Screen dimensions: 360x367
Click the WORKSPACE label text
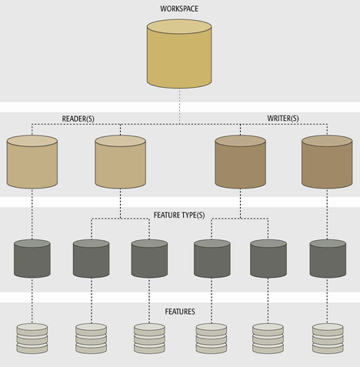[x=179, y=8]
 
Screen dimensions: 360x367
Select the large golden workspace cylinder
[x=179, y=54]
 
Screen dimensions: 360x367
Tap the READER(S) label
[x=78, y=118]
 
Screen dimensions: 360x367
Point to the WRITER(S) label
[x=283, y=118]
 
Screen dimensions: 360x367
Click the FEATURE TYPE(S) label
[x=179, y=215]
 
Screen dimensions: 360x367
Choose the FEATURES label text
[x=180, y=312]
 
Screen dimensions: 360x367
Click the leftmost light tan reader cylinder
[x=32, y=162]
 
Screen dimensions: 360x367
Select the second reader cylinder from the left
[x=120, y=162]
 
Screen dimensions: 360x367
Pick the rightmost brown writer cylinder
[x=327, y=162]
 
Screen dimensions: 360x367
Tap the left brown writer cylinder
[x=240, y=162]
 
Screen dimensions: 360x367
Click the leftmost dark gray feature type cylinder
[x=32, y=259]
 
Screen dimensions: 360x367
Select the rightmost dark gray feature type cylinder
[x=328, y=259]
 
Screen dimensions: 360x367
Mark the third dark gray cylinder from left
[x=149, y=259]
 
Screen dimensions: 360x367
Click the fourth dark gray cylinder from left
[x=212, y=259]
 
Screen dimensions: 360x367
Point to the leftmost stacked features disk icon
[x=32, y=339]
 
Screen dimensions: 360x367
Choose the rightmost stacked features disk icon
[x=328, y=339]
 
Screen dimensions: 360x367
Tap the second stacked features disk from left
[x=91, y=339]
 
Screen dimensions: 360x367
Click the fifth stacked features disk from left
[x=268, y=339]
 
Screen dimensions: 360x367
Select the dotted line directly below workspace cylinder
[x=179, y=106]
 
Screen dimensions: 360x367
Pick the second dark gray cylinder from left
[x=91, y=259]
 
